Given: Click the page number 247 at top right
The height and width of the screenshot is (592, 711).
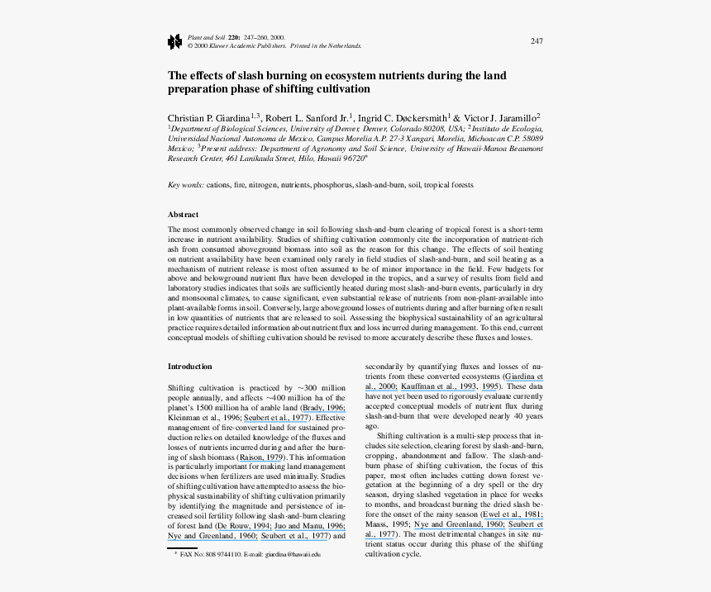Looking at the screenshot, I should [537, 41].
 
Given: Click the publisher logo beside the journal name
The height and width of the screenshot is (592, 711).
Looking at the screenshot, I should [174, 41].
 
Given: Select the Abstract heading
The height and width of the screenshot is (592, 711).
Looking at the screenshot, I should [183, 215].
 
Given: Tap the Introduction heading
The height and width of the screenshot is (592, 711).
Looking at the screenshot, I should [190, 366].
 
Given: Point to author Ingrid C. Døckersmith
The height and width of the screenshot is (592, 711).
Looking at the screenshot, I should [402, 118].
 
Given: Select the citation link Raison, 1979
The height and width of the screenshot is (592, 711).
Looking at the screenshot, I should [262, 457].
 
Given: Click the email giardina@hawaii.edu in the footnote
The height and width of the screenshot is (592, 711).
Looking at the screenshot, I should [293, 554].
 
